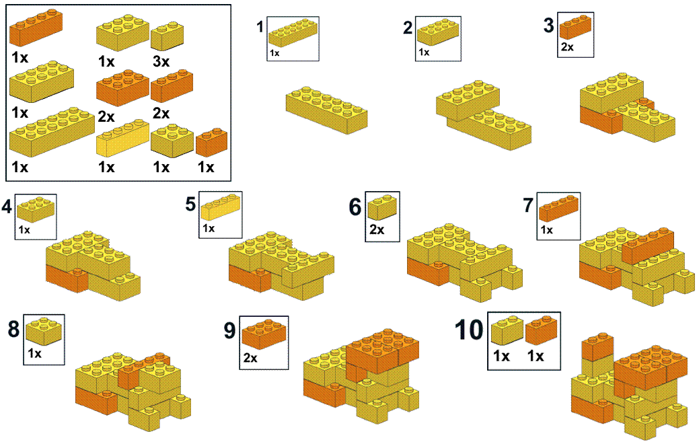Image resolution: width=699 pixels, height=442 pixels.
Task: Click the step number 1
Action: coord(260,27)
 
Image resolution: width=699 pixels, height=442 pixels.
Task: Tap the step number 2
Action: coord(408,28)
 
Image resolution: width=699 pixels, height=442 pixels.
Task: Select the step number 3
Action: coord(549,25)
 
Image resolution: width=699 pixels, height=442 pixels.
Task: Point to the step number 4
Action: coord(7,207)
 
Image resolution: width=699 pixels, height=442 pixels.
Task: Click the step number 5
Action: coord(191,204)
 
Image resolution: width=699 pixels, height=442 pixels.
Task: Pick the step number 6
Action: coord(355,207)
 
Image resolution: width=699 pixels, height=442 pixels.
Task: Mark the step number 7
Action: coord(528,205)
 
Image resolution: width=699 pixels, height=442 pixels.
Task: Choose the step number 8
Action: coord(14,329)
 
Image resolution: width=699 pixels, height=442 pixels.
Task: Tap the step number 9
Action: coord(229,330)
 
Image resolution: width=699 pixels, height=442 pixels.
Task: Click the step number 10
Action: coord(469,330)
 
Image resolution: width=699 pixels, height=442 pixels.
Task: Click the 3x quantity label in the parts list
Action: coord(161,61)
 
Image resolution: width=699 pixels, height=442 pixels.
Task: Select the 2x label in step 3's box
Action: coord(568,47)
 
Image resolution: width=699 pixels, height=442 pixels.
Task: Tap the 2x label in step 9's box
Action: coord(250,358)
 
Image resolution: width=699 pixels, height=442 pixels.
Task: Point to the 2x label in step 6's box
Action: coord(377,230)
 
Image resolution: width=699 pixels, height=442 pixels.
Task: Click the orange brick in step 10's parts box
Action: coord(542,330)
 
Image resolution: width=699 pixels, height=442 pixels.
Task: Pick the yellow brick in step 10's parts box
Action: coord(507,330)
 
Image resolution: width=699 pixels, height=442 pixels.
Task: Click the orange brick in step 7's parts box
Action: coord(559,209)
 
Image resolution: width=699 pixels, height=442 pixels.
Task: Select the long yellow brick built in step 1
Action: coord(327,110)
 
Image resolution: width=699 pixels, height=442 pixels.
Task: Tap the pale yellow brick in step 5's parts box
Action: coord(221,208)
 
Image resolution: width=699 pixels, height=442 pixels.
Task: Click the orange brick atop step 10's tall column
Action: coord(598,346)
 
